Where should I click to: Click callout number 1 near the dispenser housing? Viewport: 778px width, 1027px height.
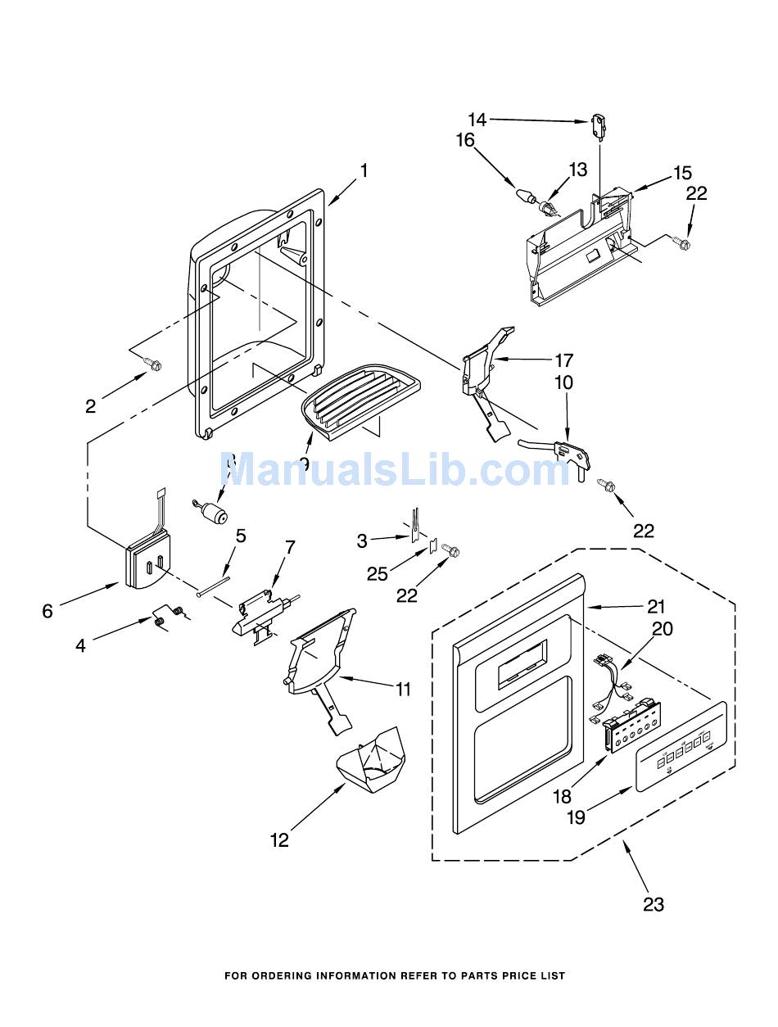point(364,171)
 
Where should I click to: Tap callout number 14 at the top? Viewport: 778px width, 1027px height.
point(477,120)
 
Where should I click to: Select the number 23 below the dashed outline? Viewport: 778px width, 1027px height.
point(653,904)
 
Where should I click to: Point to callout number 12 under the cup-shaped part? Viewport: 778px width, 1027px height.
point(280,840)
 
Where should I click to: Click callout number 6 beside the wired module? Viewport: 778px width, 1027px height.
point(47,610)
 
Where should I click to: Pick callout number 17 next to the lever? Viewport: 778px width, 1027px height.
point(563,360)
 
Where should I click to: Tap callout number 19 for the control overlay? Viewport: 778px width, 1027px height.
point(577,817)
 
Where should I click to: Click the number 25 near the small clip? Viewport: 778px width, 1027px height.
point(378,573)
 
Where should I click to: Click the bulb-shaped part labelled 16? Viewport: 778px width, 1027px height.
point(524,196)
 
